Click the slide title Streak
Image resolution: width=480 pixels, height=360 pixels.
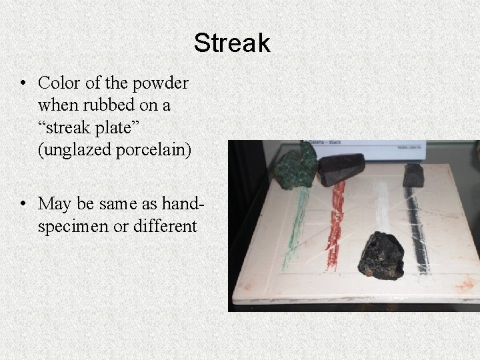(x=232, y=43)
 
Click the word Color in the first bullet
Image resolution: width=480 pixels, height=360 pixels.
(x=57, y=84)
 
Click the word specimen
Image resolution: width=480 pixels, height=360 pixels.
(x=73, y=226)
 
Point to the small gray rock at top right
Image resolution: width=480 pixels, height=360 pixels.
(x=413, y=175)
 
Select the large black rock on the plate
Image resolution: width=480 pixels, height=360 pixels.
(x=381, y=256)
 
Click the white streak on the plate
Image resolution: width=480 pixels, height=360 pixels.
(x=381, y=207)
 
